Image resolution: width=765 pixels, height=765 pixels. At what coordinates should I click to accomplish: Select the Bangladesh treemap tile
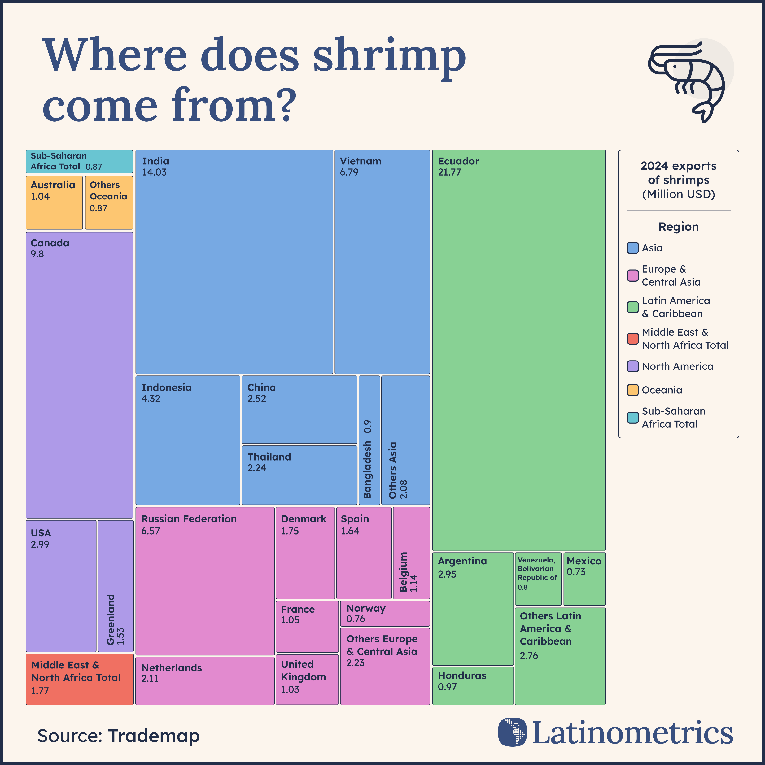click(x=369, y=439)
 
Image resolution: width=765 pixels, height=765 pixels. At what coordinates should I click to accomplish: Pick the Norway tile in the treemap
click(x=384, y=613)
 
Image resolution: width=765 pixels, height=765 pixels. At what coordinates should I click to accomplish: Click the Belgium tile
click(x=411, y=552)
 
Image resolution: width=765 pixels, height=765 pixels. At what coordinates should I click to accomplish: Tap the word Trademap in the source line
click(x=154, y=736)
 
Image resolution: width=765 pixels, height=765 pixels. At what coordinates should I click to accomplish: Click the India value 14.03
click(x=154, y=172)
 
